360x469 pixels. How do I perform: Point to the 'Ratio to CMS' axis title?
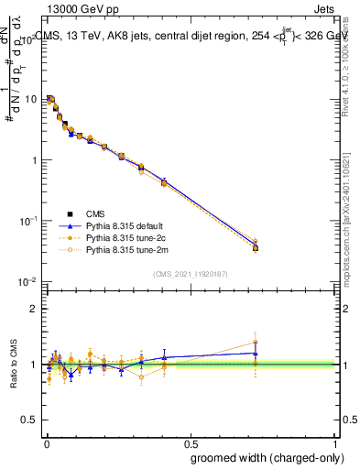pyautogui.click(x=13, y=365)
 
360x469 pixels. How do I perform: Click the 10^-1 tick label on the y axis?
pyautogui.click(x=29, y=221)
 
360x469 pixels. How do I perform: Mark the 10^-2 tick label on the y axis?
pyautogui.click(x=29, y=281)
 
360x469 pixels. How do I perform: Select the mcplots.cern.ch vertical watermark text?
pyautogui.click(x=349, y=229)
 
